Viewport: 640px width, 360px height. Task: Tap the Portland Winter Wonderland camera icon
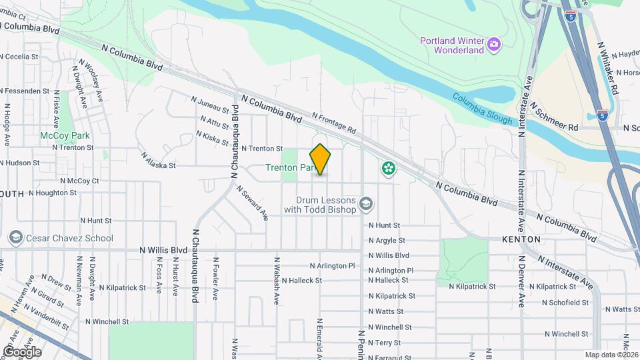click(494, 44)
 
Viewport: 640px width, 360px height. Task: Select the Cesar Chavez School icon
click(15, 238)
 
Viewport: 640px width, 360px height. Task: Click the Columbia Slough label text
click(483, 109)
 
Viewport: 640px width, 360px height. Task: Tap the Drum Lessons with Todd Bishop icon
click(365, 203)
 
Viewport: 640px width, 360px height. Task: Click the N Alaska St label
click(158, 159)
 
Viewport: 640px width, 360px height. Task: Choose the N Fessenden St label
click(27, 91)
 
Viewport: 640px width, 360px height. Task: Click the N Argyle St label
click(387, 240)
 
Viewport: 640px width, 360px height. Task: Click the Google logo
click(22, 352)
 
